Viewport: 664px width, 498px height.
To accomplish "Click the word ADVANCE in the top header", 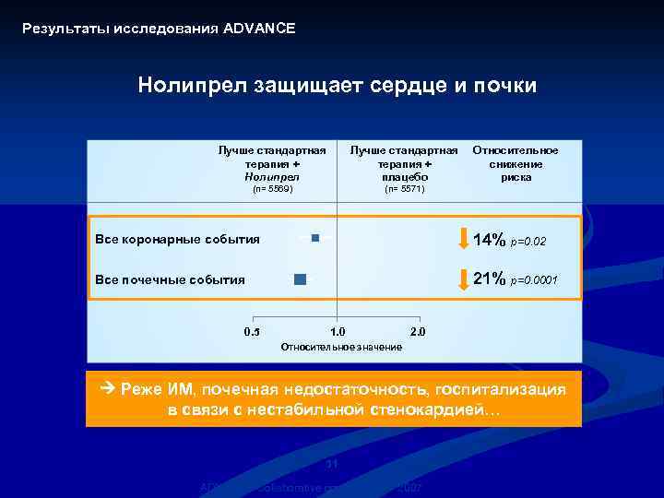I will coord(259,29).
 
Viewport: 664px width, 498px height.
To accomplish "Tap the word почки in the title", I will coord(505,86).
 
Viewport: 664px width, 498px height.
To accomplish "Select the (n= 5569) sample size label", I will coord(272,189).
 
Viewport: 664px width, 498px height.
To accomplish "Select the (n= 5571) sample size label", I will coord(404,189).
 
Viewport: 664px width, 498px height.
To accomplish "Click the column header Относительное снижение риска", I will coord(516,163).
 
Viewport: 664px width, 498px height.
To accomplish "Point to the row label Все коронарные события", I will coord(177,240).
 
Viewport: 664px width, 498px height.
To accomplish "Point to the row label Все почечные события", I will coord(170,279).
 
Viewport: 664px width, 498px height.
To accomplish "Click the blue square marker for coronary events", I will coord(315,238).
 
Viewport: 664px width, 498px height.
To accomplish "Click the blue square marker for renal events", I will coord(301,279).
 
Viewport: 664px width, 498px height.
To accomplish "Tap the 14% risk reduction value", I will coord(489,240).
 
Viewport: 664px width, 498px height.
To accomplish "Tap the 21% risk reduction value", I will coord(489,279).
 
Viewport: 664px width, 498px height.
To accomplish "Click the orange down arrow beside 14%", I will coord(463,239).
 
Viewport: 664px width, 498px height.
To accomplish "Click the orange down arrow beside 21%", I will coord(463,279).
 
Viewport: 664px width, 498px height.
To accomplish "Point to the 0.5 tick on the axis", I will coord(252,332).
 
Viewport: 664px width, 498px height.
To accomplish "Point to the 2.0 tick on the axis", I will coord(417,332).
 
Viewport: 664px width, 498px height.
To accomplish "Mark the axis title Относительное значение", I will coord(340,347).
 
